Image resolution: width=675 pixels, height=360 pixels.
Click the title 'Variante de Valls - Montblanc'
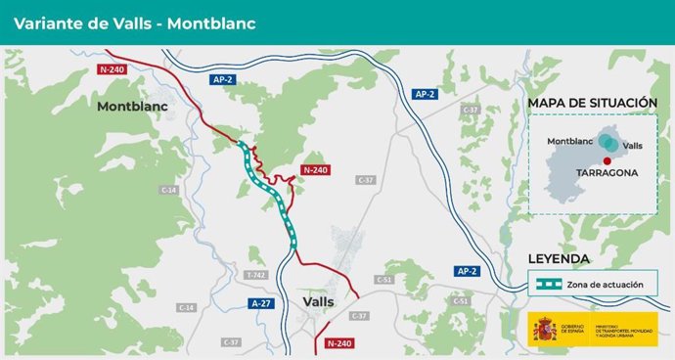(134, 23)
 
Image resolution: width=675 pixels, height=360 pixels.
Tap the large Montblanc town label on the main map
(132, 107)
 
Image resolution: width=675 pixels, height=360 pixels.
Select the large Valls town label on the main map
(319, 301)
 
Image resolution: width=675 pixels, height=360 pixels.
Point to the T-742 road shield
(256, 276)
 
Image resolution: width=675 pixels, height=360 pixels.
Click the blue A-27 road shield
(260, 304)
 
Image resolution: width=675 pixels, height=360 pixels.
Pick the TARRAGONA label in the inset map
(607, 172)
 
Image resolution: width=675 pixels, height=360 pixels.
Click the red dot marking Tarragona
(607, 159)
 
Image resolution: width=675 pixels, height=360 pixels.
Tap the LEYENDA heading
(559, 259)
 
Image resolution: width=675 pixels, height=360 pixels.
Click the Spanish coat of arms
(544, 330)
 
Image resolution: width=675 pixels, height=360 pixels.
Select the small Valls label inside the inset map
(632, 145)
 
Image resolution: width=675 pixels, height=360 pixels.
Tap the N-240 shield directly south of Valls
(338, 343)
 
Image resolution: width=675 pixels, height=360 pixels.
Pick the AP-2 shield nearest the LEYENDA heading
(468, 270)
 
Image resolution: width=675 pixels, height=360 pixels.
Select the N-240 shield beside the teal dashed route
(316, 169)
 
